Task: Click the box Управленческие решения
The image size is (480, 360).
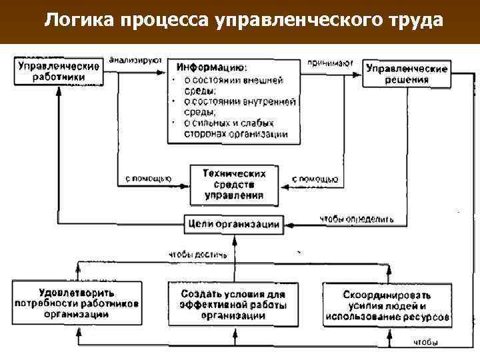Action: (407, 73)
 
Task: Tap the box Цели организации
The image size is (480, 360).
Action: (233, 224)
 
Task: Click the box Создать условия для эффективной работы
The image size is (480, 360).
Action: (233, 305)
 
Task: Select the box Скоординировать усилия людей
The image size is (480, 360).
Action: (387, 305)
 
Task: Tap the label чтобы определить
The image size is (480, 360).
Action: (356, 218)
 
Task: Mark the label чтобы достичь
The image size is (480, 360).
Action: (197, 254)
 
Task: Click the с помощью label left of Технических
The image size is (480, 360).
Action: (148, 179)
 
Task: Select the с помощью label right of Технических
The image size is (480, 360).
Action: (315, 179)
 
